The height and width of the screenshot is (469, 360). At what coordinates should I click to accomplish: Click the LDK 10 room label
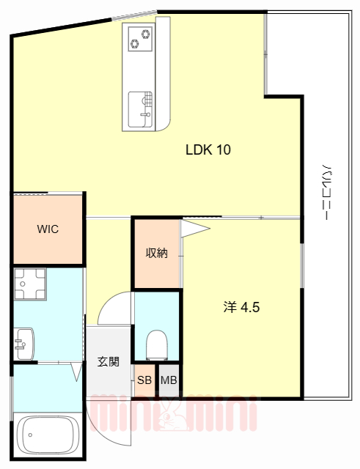pos(208,149)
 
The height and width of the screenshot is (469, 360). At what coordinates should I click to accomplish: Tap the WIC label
pos(48,229)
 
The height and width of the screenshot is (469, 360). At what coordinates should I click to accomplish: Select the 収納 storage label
pos(156,253)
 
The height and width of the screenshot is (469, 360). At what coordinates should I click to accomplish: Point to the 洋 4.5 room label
pos(241,307)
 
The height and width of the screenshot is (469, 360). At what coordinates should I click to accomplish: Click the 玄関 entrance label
pos(108,361)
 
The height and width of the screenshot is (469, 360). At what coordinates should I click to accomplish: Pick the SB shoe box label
pos(144,380)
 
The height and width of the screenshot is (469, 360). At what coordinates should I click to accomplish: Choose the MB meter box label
pos(169,380)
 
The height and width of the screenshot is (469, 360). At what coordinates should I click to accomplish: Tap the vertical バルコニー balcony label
pos(328,191)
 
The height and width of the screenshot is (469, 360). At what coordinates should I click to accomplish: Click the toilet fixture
pos(157,345)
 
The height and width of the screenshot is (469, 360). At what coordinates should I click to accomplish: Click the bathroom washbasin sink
pos(24,344)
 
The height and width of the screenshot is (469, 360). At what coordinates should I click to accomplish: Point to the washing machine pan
pos(30,284)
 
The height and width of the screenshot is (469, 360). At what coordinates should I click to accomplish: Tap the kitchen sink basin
pos(140,109)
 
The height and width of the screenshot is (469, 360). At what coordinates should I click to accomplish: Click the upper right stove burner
pos(147,34)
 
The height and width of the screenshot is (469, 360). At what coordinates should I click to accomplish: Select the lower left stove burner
pos(135,44)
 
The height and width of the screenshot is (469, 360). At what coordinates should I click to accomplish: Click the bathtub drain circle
pos(30,435)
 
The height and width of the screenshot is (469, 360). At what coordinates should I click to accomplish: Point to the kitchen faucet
pos(145,114)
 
